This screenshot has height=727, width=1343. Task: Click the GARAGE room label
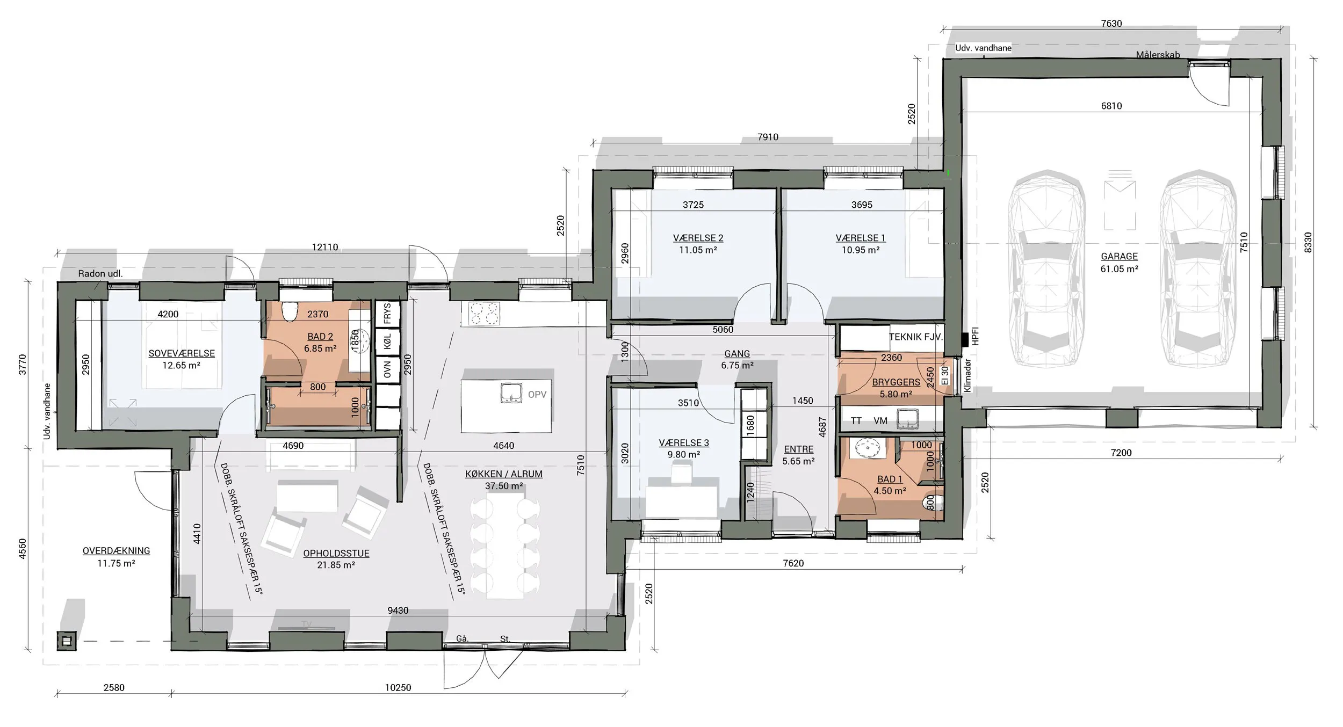pos(1119,257)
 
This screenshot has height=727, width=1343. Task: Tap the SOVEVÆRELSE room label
pos(182,353)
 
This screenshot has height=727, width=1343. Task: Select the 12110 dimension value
pos(325,247)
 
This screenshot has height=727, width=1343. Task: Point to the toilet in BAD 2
pos(290,311)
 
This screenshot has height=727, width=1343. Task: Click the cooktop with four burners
pos(483,314)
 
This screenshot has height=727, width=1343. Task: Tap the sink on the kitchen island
pos(510,393)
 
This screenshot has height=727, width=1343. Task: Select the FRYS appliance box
pos(387,314)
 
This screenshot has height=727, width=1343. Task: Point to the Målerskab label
pos(1158,55)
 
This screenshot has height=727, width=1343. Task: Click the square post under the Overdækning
pos(66,641)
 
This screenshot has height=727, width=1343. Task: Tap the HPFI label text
pos(976,336)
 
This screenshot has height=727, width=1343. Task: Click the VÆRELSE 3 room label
pos(684,443)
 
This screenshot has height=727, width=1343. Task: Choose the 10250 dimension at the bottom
pos(398,687)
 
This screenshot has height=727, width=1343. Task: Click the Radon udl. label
pos(100,273)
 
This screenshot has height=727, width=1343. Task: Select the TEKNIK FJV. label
pos(915,337)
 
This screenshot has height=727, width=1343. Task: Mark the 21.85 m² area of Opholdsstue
pos(336,565)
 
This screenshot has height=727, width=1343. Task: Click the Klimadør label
pos(967,376)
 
